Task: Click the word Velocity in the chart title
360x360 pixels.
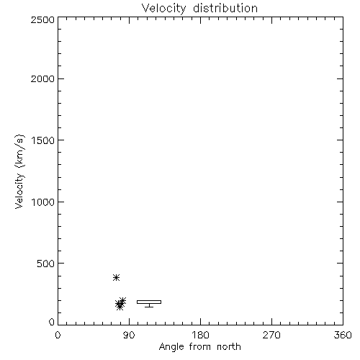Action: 163,9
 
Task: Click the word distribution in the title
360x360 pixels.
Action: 225,8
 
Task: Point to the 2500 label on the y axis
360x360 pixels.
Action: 42,19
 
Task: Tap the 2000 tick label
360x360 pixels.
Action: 42,78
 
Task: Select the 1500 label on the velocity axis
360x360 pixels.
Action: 43,140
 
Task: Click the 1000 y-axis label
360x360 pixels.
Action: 43,202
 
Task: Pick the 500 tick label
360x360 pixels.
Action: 46,264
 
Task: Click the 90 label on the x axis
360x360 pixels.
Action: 129,335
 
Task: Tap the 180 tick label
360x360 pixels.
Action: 200,335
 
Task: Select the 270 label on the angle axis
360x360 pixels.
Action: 271,335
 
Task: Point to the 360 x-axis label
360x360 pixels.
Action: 343,335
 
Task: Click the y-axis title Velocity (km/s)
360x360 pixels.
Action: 19,171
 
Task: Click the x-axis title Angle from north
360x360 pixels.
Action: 200,347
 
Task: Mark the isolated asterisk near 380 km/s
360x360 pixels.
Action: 117,278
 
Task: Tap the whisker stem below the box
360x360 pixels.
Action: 149,305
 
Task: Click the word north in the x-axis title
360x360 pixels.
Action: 229,347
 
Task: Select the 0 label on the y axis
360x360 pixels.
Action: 52,322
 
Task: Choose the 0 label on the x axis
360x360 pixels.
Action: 58,335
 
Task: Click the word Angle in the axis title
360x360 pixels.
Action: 171,347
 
